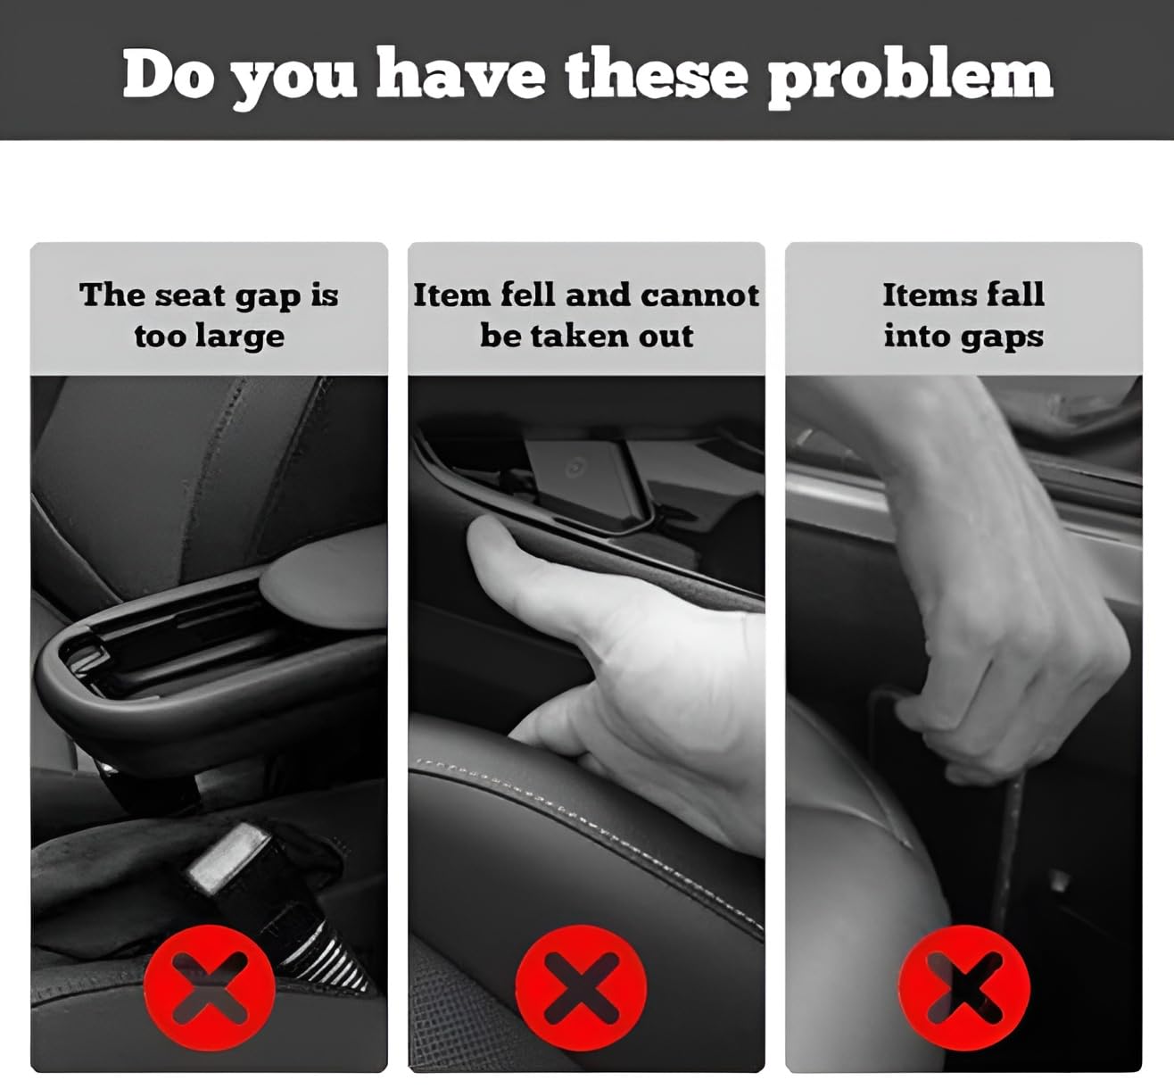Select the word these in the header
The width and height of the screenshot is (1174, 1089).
coord(657,75)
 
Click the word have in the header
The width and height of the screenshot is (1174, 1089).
coord(460,74)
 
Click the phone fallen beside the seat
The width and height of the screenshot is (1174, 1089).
coord(583,479)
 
